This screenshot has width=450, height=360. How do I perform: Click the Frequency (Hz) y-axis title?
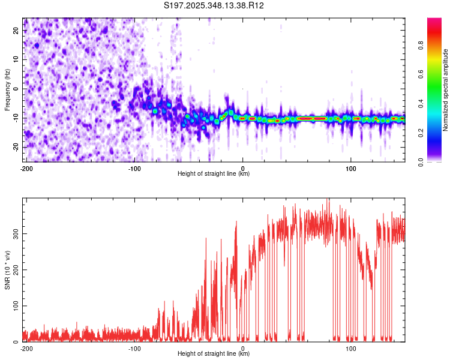tap(8, 89)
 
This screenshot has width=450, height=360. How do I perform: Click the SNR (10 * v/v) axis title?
tap(8, 269)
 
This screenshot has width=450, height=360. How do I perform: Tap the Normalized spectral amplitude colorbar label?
tap(446, 90)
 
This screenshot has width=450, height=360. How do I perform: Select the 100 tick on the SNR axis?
tap(14, 306)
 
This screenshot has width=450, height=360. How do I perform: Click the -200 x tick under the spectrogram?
tap(26, 169)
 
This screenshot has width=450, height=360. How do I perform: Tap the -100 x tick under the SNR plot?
tap(134, 349)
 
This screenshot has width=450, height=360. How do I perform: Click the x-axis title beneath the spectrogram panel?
tap(214, 174)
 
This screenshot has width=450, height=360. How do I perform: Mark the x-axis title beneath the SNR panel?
tap(214, 354)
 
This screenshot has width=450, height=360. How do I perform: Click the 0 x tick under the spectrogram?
tap(242, 169)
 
